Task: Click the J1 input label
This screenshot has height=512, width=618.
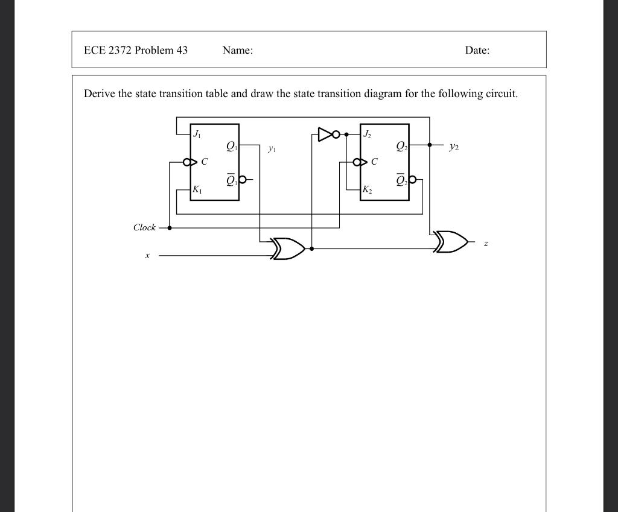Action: pyautogui.click(x=197, y=134)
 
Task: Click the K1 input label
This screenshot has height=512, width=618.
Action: pyautogui.click(x=197, y=190)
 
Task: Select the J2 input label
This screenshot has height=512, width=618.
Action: pyautogui.click(x=367, y=134)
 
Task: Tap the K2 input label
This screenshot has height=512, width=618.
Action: pyautogui.click(x=367, y=190)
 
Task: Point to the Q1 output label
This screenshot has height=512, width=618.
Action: pyautogui.click(x=232, y=145)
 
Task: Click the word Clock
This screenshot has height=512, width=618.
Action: pyautogui.click(x=144, y=227)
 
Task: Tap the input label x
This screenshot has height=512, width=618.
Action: pyautogui.click(x=147, y=256)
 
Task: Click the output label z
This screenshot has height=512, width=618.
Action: pyautogui.click(x=486, y=243)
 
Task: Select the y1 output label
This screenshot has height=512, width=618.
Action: pyautogui.click(x=272, y=148)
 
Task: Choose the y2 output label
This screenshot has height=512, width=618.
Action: pyautogui.click(x=454, y=147)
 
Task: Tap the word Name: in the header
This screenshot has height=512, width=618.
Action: pyautogui.click(x=237, y=50)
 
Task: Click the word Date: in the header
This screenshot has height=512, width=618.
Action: pyautogui.click(x=477, y=50)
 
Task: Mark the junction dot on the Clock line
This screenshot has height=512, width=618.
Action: pyautogui.click(x=170, y=228)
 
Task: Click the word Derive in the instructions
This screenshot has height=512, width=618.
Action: pyautogui.click(x=100, y=93)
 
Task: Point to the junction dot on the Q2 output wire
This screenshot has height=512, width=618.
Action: pyautogui.click(x=429, y=145)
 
